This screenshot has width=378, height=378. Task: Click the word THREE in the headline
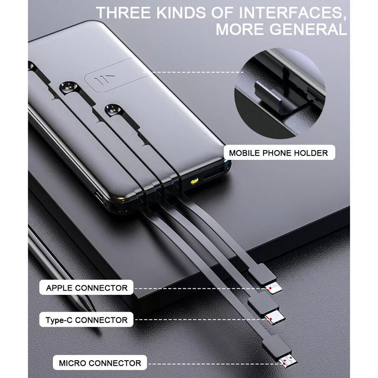point(124,13)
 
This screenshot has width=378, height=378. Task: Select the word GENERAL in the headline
point(308,29)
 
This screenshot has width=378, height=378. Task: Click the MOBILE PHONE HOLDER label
point(279,153)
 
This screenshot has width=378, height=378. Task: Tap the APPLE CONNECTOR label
point(86,288)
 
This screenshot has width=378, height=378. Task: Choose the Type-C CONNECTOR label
point(86,320)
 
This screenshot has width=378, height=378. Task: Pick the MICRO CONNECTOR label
point(100,363)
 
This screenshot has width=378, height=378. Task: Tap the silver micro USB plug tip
point(288,362)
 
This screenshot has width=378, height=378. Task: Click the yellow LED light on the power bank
point(194,180)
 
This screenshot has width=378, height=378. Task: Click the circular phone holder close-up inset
point(280,93)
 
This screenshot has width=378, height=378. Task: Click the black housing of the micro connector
point(276,345)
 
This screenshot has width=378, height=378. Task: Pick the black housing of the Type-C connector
point(264,303)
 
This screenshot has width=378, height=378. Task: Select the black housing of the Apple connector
point(262,274)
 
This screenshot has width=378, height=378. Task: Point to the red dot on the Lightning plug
point(271,288)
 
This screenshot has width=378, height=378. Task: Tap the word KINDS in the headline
point(181,13)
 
